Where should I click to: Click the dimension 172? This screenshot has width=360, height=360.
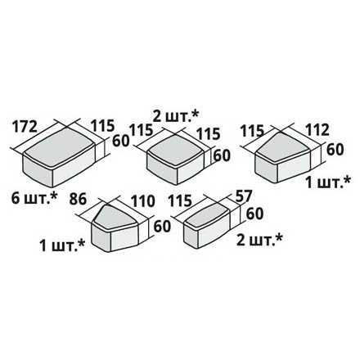[25, 127]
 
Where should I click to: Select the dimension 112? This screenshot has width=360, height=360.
[317, 130]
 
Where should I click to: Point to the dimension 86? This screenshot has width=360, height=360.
[78, 199]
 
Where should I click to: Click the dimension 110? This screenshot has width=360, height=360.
[143, 201]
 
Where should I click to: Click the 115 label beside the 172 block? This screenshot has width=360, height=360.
[102, 125]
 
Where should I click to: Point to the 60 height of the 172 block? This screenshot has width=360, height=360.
[120, 141]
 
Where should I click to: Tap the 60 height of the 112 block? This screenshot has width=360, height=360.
[335, 150]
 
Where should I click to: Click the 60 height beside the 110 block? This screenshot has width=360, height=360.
[162, 227]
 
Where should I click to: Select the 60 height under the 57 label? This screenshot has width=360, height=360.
[254, 214]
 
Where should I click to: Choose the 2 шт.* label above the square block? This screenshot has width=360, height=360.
[176, 117]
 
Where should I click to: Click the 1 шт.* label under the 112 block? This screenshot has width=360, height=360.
[328, 182]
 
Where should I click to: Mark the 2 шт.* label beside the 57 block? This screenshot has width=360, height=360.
[259, 240]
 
